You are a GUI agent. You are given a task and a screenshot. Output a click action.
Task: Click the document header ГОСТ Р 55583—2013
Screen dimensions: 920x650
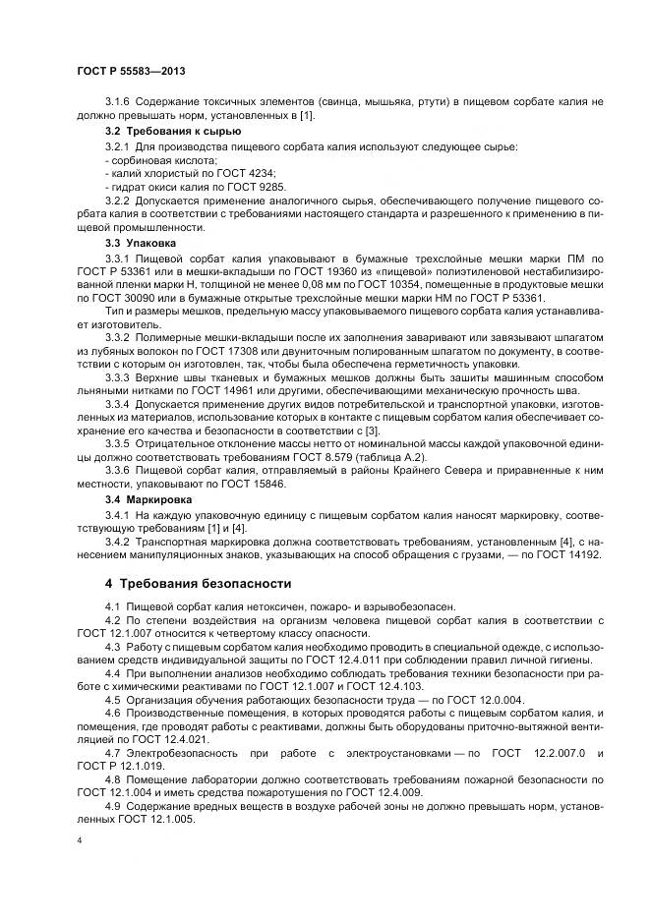(x=130, y=72)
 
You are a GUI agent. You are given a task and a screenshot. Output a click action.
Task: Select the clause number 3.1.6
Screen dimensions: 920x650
(x=117, y=103)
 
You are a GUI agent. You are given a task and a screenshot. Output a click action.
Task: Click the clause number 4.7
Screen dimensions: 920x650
(x=111, y=753)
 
